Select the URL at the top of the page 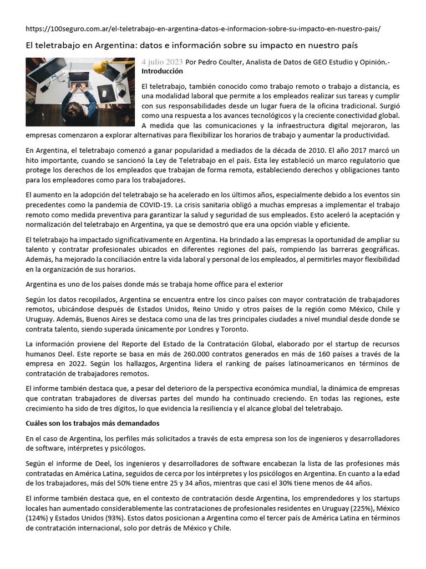pyautogui.click(x=203, y=28)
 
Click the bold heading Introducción pyautogui.click(x=162, y=72)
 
